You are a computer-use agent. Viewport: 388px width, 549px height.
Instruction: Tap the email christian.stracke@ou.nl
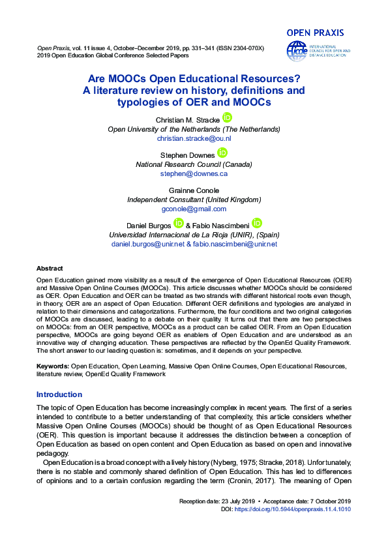pos(194,139)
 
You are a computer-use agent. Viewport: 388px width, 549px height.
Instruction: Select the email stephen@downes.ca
pos(194,174)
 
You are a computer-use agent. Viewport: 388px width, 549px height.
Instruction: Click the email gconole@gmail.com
pos(194,209)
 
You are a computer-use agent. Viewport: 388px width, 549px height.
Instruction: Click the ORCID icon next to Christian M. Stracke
pos(227,117)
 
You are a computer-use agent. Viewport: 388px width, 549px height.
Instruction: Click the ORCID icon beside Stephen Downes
pos(222,153)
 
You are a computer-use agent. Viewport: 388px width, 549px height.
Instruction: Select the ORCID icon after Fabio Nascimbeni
pos(256,223)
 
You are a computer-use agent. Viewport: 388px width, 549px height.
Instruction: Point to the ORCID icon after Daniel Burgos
pos(178,223)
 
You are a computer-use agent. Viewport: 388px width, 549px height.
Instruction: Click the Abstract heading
pos(50,269)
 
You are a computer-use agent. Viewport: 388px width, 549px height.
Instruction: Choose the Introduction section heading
pos(59,394)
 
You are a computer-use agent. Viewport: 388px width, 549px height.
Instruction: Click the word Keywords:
pos(53,366)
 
